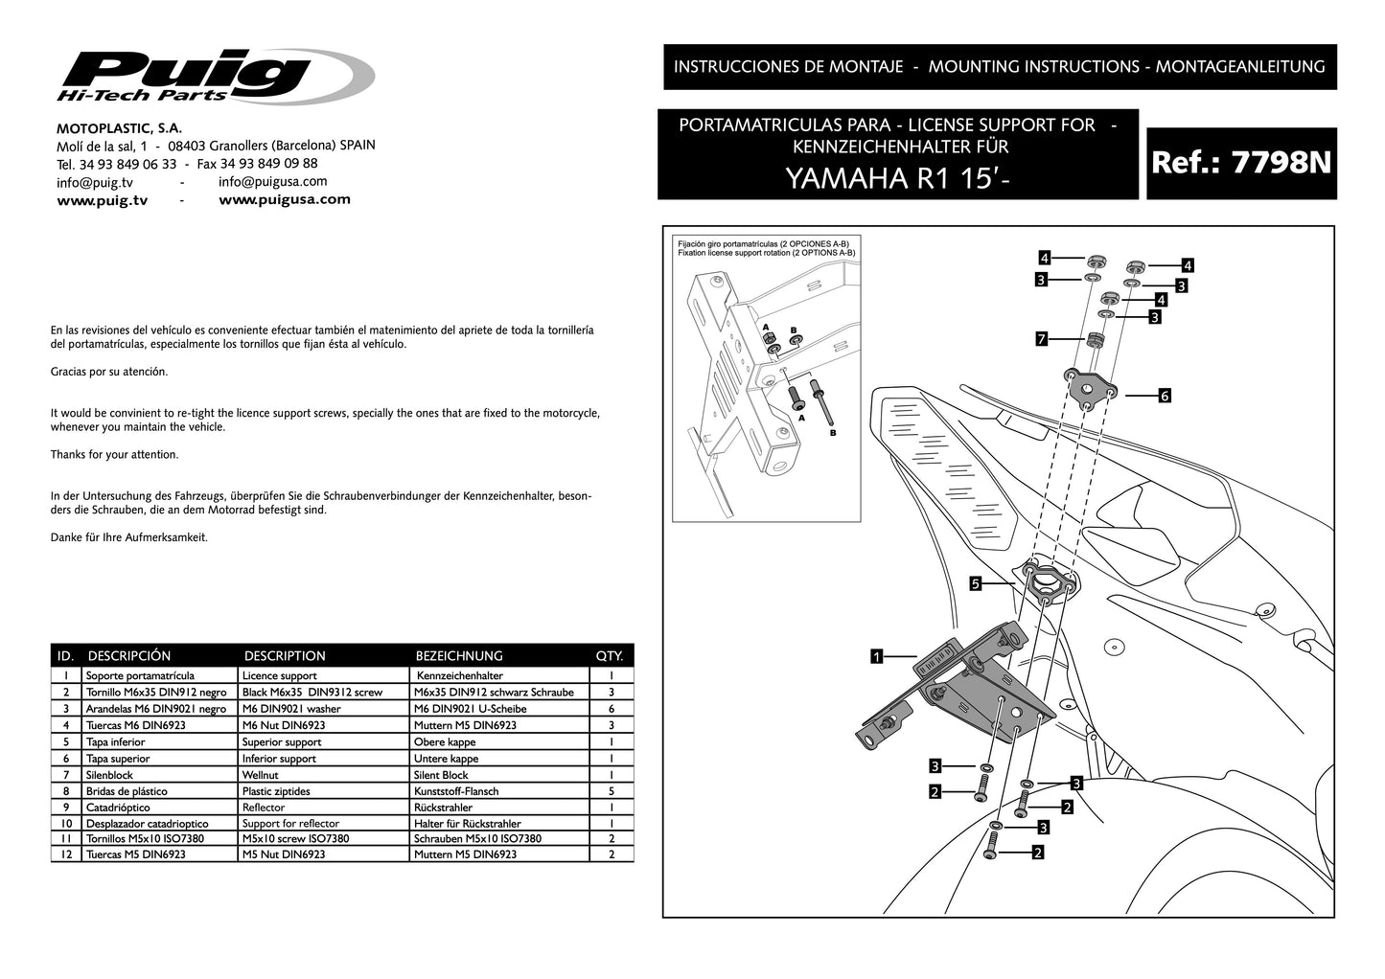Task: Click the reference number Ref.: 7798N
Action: (1241, 163)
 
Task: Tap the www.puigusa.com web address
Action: (285, 200)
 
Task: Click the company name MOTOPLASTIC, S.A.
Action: (120, 127)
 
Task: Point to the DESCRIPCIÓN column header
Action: (129, 656)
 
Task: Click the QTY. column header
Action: (610, 656)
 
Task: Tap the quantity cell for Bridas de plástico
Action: (611, 791)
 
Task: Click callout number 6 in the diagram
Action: (1165, 395)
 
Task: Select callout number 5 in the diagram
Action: (975, 582)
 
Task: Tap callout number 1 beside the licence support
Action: (876, 657)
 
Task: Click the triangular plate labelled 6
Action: (1089, 386)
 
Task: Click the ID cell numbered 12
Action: (65, 854)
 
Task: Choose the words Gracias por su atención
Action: (109, 372)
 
